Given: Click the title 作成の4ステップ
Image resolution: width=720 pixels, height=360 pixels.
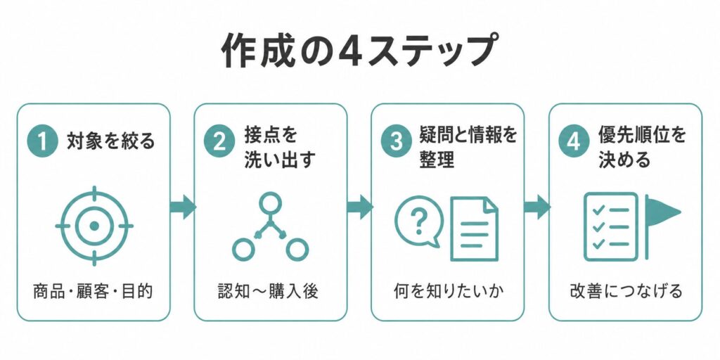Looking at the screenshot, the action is point(359,50).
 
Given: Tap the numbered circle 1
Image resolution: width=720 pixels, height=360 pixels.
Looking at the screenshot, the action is point(42,141).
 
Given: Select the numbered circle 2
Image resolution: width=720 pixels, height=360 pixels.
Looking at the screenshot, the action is point(219,141).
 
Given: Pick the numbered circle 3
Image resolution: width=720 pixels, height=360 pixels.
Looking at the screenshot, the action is point(397,141).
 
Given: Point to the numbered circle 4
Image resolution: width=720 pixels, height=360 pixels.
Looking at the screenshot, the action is point(574,141).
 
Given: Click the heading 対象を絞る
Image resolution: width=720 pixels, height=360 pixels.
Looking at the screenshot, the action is point(111,141).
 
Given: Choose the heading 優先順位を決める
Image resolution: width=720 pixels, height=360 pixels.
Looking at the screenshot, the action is point(642,148).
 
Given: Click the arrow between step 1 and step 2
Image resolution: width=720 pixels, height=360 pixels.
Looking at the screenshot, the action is point(183,207).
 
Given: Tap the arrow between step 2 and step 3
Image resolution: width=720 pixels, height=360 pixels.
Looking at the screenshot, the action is point(360,207).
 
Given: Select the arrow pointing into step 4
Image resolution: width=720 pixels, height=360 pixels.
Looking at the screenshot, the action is point(537,207).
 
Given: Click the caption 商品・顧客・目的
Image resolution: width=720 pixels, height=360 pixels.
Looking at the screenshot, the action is point(94,291).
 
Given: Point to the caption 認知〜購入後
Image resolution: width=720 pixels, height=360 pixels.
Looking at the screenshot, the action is point(269,291).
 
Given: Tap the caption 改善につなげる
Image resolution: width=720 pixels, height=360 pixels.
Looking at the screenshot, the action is point(625,291).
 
